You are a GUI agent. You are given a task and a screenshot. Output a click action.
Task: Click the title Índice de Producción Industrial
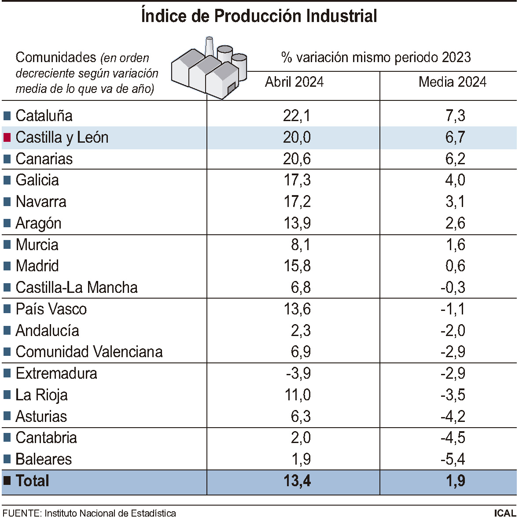point(259,16)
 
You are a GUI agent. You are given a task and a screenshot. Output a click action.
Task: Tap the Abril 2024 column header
point(294,82)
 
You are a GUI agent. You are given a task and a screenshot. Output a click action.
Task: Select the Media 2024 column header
point(452,82)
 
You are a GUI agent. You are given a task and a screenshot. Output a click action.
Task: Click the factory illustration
point(209,68)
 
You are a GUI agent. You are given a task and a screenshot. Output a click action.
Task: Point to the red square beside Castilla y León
point(7,137)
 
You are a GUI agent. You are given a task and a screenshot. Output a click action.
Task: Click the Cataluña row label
point(44,116)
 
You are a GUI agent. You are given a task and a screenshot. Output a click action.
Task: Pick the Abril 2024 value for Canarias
point(297,159)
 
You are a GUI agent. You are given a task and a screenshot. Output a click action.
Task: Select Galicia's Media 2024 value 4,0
point(455,180)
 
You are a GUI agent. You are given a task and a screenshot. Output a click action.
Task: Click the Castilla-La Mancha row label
point(77,288)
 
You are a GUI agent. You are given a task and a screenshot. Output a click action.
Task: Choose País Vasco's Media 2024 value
point(453,309)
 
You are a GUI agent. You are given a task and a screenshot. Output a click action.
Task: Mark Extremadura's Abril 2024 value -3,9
point(298,373)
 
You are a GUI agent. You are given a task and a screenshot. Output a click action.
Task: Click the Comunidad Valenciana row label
point(89,352)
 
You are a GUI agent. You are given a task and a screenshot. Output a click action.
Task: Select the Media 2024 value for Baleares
point(453,459)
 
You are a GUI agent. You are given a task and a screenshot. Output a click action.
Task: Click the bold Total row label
point(32,481)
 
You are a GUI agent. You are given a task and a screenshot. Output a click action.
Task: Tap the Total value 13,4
point(297,481)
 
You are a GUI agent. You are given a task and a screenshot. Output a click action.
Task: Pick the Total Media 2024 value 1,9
point(455,481)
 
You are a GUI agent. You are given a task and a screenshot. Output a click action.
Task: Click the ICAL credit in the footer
point(504,513)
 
